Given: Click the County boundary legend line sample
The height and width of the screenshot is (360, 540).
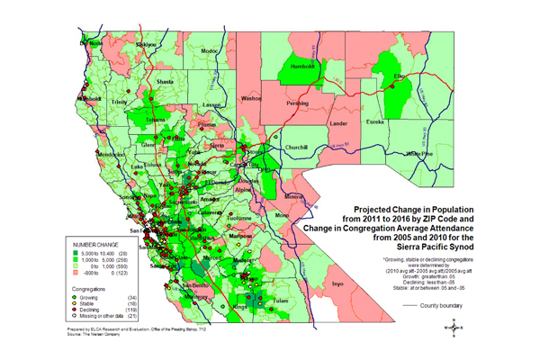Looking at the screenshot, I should point(431,307).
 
